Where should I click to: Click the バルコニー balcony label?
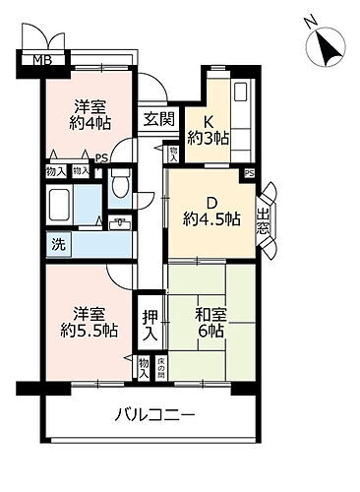(x=152, y=415)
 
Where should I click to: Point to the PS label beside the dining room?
(x=249, y=174)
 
